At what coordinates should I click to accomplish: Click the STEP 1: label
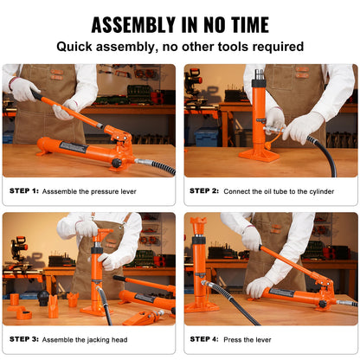pyautogui.click(x=25, y=190)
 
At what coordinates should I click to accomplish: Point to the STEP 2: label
pyautogui.click(x=204, y=190)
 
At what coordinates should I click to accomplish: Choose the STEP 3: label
pyautogui.click(x=25, y=339)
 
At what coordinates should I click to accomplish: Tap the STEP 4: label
pyautogui.click(x=204, y=339)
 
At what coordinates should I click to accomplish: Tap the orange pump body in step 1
pyautogui.click(x=69, y=151)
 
